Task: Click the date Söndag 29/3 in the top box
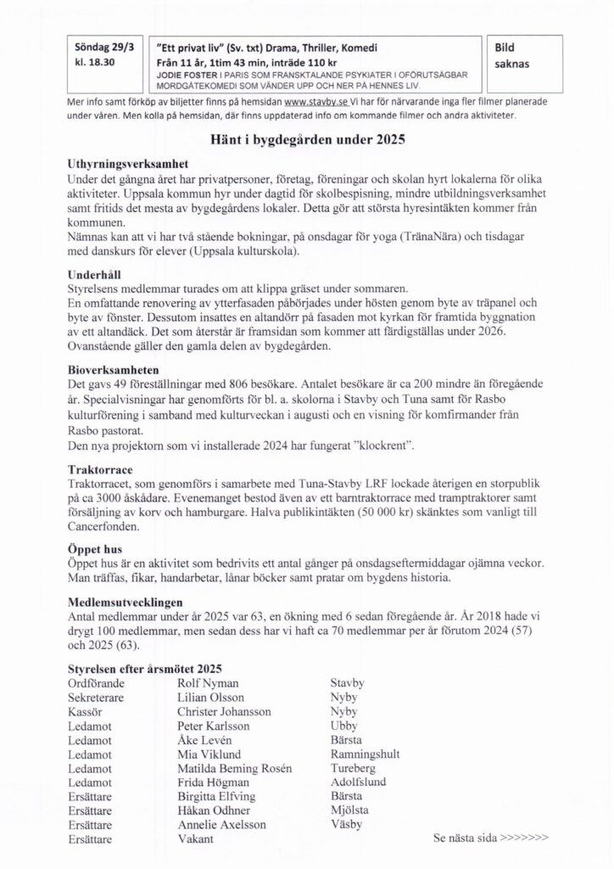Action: click(x=96, y=48)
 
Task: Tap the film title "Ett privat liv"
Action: click(x=185, y=48)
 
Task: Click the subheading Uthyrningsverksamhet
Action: click(x=126, y=163)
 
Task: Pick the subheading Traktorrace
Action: click(x=97, y=467)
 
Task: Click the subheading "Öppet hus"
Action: click(x=94, y=548)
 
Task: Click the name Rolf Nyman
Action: click(x=208, y=682)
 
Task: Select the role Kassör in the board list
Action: click(x=85, y=711)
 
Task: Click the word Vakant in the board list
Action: click(x=196, y=838)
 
